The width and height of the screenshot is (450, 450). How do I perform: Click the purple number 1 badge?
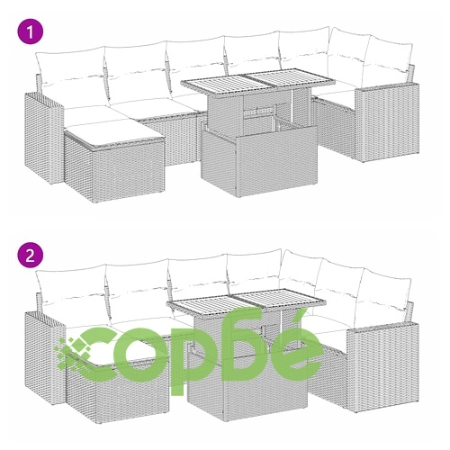coord(31,31)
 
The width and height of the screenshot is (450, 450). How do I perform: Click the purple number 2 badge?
coord(31,256)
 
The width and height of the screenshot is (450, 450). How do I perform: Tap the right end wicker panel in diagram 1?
coord(387,122)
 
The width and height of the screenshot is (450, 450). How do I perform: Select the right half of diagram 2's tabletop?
coord(281,300)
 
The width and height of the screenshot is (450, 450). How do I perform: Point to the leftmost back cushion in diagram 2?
coord(72,292)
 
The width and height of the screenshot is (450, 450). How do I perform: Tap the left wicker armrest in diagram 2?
coord(44,357)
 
